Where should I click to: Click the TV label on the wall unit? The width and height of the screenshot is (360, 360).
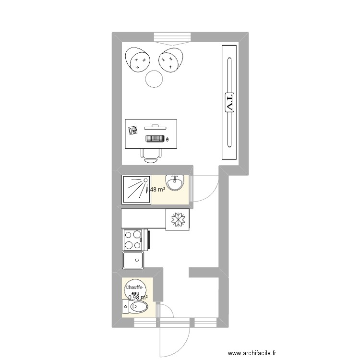coord(229,102)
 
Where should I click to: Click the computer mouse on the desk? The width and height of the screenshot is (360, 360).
coord(168,139)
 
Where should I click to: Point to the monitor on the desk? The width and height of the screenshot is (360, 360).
coord(155,126)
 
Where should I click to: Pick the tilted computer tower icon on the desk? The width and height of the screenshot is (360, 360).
coord(133,129)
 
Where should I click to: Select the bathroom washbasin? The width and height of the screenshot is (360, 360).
coord(174,182)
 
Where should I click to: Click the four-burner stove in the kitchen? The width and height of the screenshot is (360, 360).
coord(133,240)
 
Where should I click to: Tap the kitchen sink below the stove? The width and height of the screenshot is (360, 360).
coord(133,261)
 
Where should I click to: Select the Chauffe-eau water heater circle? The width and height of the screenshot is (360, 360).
coord(134,289)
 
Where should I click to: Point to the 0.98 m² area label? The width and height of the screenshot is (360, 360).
coord(138,298)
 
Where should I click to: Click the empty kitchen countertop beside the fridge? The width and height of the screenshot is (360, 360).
coord(143,218)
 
